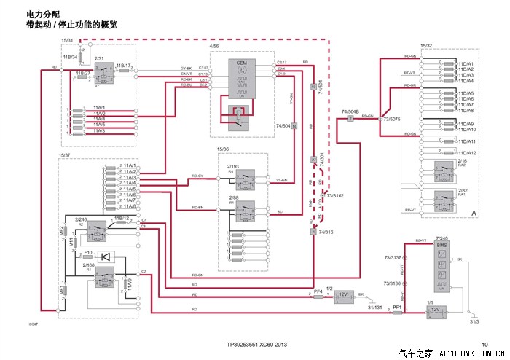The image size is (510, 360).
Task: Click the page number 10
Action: pyautogui.click(x=484, y=344)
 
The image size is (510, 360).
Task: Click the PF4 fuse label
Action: pyautogui.click(x=318, y=291)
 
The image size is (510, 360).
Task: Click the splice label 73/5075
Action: pyautogui.click(x=391, y=119)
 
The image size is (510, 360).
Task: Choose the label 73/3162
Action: pyautogui.click(x=335, y=195)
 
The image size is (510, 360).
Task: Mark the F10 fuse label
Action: pyautogui.click(x=87, y=252)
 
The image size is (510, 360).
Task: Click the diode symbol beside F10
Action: pyautogui.click(x=107, y=256)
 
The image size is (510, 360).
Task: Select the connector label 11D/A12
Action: pyautogui.click(x=466, y=152)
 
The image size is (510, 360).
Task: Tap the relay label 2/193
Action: pyautogui.click(x=232, y=167)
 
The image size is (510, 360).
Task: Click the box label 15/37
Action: pyautogui.click(x=64, y=155)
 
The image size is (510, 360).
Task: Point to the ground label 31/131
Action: pyautogui.click(x=375, y=306)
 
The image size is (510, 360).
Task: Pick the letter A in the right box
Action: pyautogui.click(x=474, y=212)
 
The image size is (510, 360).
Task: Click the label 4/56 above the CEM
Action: pyautogui.click(x=214, y=46)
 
